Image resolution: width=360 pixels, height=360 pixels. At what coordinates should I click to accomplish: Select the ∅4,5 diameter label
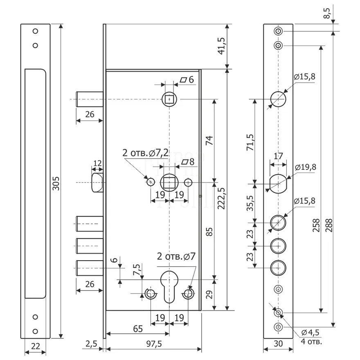310,332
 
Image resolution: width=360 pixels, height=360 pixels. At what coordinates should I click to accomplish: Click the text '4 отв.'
310,340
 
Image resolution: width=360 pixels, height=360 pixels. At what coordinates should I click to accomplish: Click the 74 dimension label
208,141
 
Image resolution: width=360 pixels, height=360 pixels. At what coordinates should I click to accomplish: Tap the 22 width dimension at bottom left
35,346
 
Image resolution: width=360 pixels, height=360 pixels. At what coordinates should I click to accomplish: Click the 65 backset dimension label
138,328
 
